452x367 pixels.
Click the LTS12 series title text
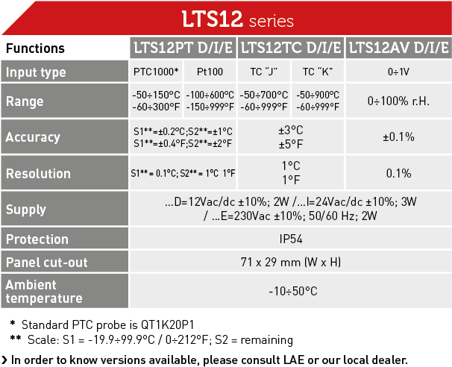(238, 19)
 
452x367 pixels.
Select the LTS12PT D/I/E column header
(183, 48)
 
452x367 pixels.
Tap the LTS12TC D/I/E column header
(291, 48)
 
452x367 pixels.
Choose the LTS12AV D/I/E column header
(399, 48)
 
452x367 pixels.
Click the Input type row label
(36, 72)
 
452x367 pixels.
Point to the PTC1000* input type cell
(156, 72)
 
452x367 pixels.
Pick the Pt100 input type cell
(210, 72)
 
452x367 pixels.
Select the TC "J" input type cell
(264, 72)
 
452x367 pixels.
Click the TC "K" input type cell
(318, 72)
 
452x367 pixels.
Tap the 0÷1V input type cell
(399, 72)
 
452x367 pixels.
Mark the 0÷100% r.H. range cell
(399, 101)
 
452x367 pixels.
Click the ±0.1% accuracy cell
(399, 137)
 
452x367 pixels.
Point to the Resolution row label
(38, 174)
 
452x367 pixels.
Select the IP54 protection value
(291, 239)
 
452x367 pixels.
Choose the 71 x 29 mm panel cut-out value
(291, 262)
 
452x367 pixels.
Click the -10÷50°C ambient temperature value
(293, 291)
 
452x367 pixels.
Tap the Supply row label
(26, 210)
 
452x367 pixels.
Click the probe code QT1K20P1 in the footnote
(168, 325)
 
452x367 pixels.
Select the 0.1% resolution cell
(399, 173)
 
